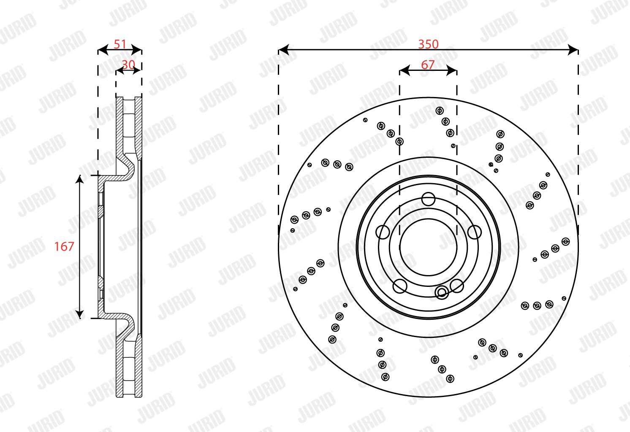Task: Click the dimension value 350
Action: (x=428, y=44)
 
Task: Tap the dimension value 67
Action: (x=428, y=65)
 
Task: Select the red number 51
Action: (x=120, y=44)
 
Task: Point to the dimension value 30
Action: (x=128, y=65)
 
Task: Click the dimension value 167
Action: (x=64, y=246)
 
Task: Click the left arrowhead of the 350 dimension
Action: (x=283, y=50)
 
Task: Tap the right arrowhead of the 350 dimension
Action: (x=573, y=50)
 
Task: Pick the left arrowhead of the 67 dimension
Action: (x=405, y=70)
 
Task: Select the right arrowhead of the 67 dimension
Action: (x=452, y=70)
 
